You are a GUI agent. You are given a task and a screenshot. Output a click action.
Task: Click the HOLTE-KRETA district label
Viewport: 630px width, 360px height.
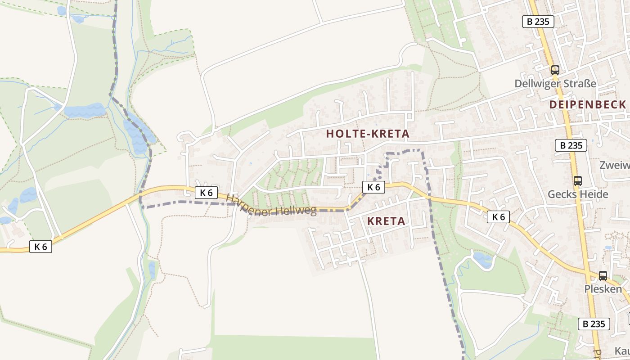pos(368,134)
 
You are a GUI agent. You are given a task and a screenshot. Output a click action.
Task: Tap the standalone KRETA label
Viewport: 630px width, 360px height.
pos(386,221)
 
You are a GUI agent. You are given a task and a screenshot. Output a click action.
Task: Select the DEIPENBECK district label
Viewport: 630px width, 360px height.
pos(587,105)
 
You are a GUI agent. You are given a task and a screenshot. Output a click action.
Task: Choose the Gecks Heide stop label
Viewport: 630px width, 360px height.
pos(577,194)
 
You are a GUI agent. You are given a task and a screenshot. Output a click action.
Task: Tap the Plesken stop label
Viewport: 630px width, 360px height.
pos(603,289)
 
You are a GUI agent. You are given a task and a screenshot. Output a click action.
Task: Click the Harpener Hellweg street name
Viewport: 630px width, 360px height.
pos(271,205)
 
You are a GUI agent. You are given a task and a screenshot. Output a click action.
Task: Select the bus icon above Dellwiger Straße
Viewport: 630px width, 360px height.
pos(555,70)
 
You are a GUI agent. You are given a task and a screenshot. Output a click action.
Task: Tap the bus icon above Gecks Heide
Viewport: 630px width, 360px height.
pos(577,181)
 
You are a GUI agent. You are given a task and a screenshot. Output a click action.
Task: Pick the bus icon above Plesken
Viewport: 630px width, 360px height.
pos(603,275)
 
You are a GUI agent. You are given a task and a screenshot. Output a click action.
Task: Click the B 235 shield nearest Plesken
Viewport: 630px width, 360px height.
pos(594,324)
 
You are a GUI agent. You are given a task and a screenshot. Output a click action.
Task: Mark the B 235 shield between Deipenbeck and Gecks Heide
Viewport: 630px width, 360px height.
pos(571,145)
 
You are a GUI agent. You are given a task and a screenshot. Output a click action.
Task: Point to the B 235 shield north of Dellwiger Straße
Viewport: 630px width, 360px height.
pos(538,21)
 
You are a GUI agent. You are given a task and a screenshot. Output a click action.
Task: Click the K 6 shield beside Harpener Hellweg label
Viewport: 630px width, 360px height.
pos(207,193)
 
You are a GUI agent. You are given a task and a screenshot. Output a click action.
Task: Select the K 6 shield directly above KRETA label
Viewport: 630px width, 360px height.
pos(373,187)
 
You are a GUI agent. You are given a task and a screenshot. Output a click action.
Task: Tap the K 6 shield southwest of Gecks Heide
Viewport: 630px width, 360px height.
pos(498,217)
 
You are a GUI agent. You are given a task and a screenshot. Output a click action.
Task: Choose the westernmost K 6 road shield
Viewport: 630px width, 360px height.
pos(40,246)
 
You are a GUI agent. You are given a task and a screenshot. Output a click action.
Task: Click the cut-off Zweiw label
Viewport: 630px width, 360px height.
pos(615,165)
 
